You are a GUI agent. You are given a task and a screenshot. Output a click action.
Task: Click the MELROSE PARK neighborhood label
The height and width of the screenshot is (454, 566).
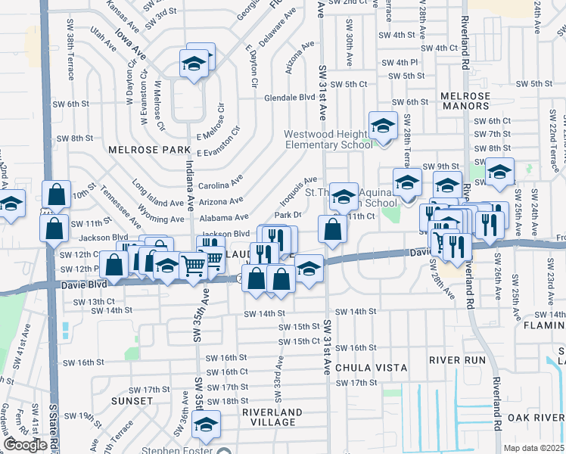pos(144,150)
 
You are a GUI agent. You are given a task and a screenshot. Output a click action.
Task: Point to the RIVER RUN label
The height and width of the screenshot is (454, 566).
pos(456,360)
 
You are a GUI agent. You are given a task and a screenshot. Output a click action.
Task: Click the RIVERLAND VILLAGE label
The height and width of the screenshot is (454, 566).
pos(272,417)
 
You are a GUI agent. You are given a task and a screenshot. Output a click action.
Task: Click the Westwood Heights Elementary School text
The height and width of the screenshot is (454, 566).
pos(328,139)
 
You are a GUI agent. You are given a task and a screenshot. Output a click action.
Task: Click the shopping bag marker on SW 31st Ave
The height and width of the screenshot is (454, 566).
pos(333,229)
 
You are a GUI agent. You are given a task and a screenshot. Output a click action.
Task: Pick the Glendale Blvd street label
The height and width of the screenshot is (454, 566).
pos(289,98)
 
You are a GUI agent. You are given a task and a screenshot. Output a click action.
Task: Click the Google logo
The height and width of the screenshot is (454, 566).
pos(25,445)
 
